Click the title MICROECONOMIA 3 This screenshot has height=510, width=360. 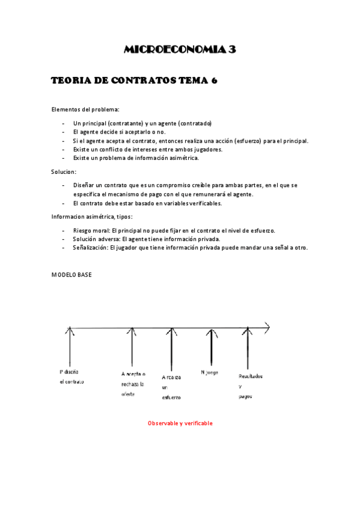pyautogui.click(x=180, y=50)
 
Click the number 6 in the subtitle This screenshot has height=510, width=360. pyautogui.click(x=213, y=81)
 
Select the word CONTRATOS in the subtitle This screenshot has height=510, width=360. pyautogui.click(x=139, y=81)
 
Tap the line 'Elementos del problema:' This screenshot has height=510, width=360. pyautogui.click(x=85, y=109)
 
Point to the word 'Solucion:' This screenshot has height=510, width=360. pyautogui.click(x=64, y=172)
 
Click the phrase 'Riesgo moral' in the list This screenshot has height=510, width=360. pyautogui.click(x=91, y=230)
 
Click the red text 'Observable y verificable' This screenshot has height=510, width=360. pyautogui.click(x=180, y=423)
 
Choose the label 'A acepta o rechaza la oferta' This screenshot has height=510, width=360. pyautogui.click(x=133, y=384)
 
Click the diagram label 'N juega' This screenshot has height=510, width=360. pyautogui.click(x=209, y=372)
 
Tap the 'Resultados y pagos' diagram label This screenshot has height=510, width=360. pyautogui.click(x=250, y=386)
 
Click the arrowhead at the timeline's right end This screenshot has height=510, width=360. pyautogui.click(x=266, y=328)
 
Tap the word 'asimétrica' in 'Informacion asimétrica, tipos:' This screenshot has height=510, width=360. pyautogui.click(x=100, y=217)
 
